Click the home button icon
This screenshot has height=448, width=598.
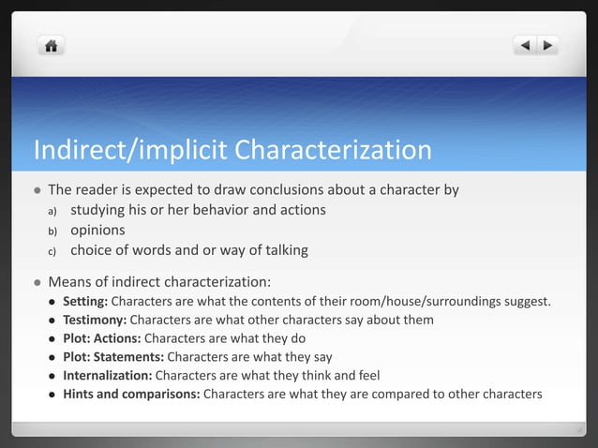click(51, 45)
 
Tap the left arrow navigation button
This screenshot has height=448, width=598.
click(526, 45)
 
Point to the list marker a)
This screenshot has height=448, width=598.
click(52, 211)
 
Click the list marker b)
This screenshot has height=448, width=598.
click(52, 231)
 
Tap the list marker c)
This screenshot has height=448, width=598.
click(52, 252)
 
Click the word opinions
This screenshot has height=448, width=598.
click(97, 231)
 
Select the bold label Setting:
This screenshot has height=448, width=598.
click(85, 302)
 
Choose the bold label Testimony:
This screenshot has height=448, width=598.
click(94, 320)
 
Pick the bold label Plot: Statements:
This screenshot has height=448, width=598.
click(112, 357)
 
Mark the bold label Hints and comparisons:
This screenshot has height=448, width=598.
click(130, 394)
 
